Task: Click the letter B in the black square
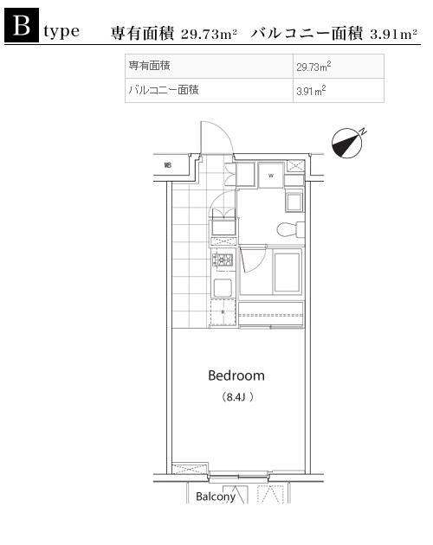coord(22,25)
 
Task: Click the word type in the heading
coord(61,32)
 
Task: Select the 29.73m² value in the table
coord(313,66)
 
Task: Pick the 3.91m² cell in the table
coord(311,91)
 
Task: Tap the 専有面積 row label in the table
coord(149,66)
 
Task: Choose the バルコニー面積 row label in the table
coord(164,90)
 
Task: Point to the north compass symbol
coord(348,143)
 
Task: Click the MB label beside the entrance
coord(168,165)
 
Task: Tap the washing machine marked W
coord(271,175)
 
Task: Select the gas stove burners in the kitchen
coord(223,260)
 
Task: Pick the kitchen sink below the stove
coord(223,288)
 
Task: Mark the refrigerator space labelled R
coord(223,312)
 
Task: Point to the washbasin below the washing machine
coord(294,202)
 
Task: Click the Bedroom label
coord(236,375)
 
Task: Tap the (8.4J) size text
coord(237,397)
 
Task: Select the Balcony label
coord(216,497)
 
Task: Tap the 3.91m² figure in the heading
coord(394,34)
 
